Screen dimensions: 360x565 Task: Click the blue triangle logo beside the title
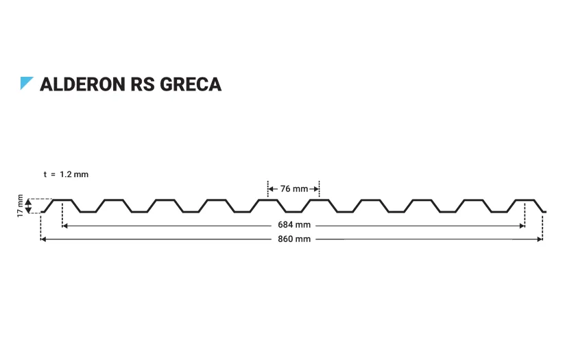point(26,83)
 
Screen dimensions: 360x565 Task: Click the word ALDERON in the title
point(82,84)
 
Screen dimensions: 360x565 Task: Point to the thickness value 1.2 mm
point(74,174)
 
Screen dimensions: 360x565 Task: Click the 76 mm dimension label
point(293,189)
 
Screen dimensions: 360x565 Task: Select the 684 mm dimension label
point(293,225)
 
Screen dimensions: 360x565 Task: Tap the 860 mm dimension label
point(293,239)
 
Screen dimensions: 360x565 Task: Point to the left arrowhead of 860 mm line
point(44,239)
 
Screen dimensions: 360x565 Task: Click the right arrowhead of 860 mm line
point(540,239)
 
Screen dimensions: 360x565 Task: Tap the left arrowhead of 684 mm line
point(65,225)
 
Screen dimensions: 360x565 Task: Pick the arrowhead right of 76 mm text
point(316,189)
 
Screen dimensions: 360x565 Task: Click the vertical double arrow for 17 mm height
point(29,206)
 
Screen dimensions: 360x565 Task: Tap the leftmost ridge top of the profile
point(62,200)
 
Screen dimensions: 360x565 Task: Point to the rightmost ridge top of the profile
point(525,200)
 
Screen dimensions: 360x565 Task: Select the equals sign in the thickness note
point(53,174)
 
